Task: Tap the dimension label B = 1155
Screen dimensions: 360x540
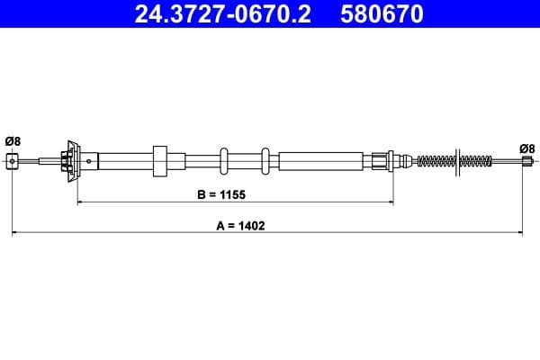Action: pyautogui.click(x=221, y=193)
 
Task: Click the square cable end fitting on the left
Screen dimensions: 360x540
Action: pyautogui.click(x=13, y=161)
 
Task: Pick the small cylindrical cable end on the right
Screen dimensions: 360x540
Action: pyautogui.click(x=527, y=161)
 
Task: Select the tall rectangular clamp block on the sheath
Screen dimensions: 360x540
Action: pyautogui.click(x=160, y=161)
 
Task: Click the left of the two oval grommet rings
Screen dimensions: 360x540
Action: pyautogui.click(x=224, y=161)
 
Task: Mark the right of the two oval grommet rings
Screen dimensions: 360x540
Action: pyautogui.click(x=265, y=161)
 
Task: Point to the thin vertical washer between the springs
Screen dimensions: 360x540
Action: pyautogui.click(x=457, y=161)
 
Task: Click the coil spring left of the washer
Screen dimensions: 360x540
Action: pyautogui.click(x=436, y=161)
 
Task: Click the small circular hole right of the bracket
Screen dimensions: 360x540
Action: pyautogui.click(x=88, y=161)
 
